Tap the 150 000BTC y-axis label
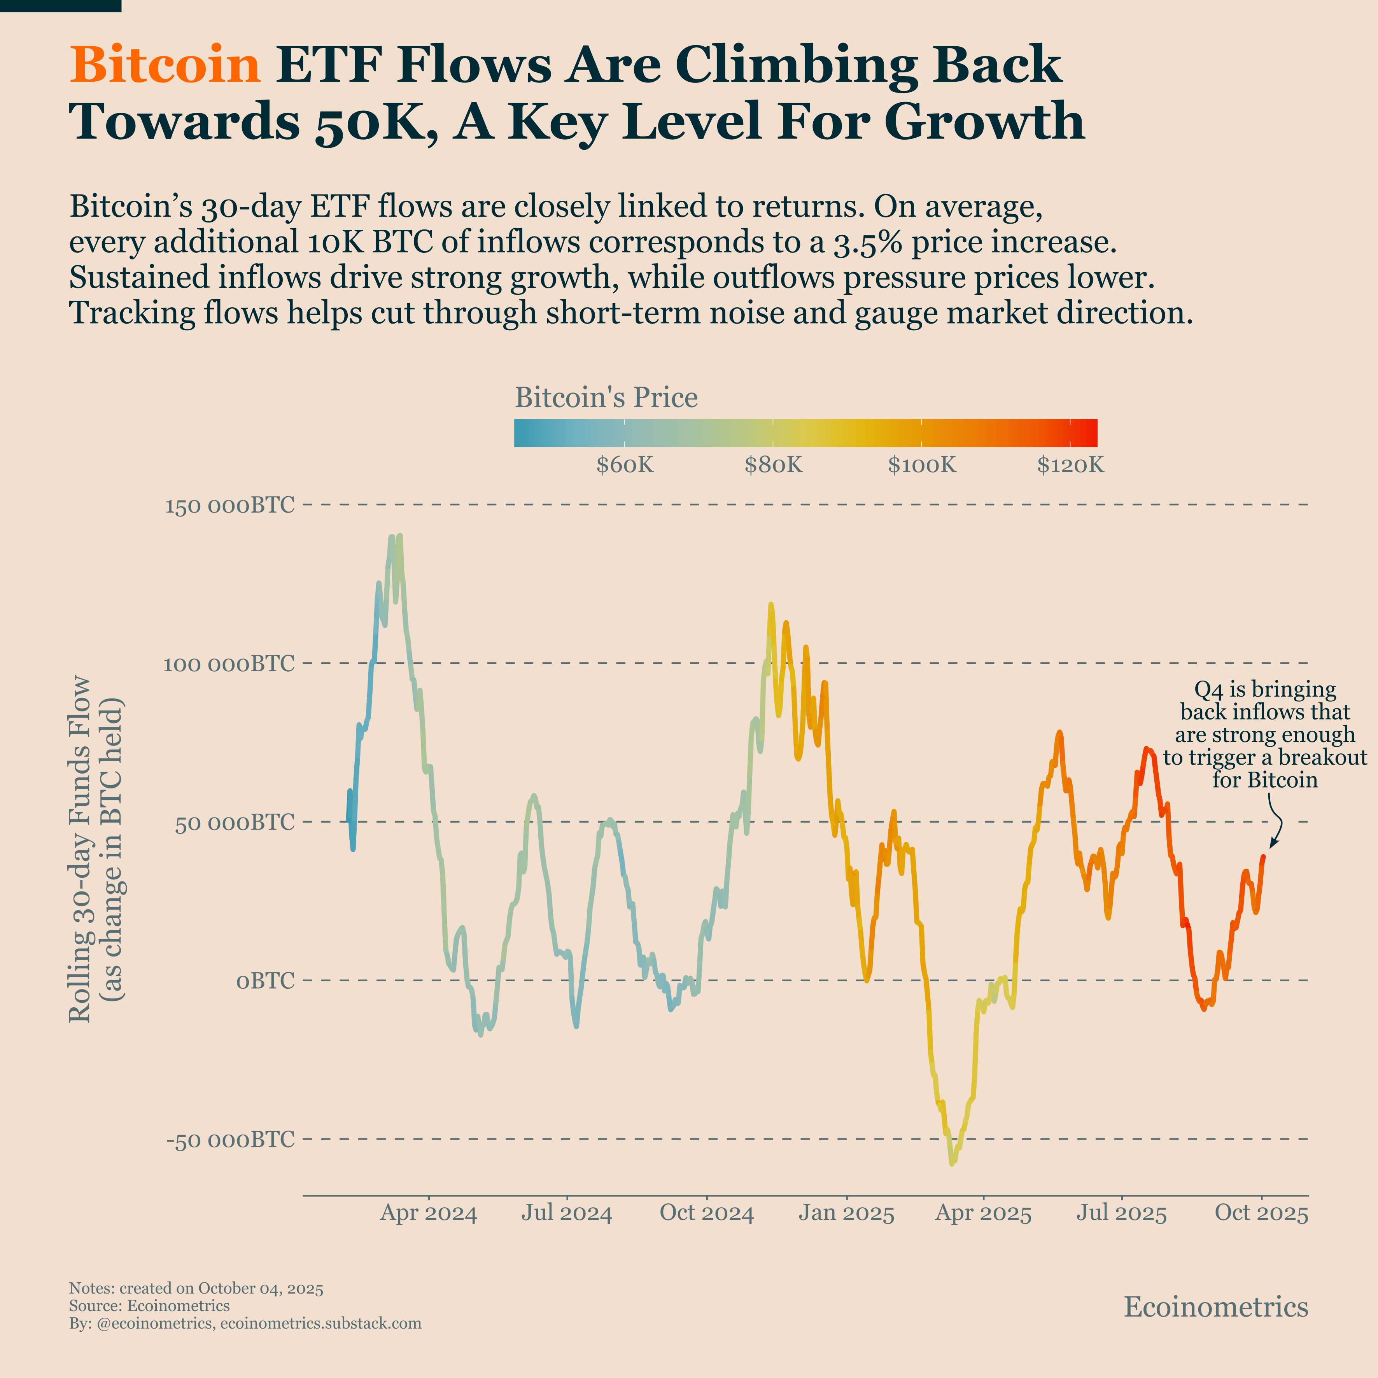(x=229, y=506)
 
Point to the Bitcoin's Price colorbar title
(x=606, y=397)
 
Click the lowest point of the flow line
(x=951, y=1163)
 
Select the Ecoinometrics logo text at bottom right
(x=1215, y=1307)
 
